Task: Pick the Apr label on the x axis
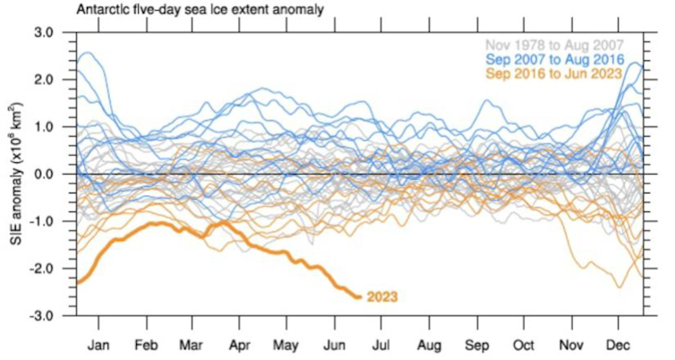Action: (x=239, y=344)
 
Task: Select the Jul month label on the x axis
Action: (x=380, y=344)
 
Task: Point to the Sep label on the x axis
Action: (x=476, y=344)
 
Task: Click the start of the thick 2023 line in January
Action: (x=77, y=283)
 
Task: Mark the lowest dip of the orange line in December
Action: (x=619, y=287)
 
